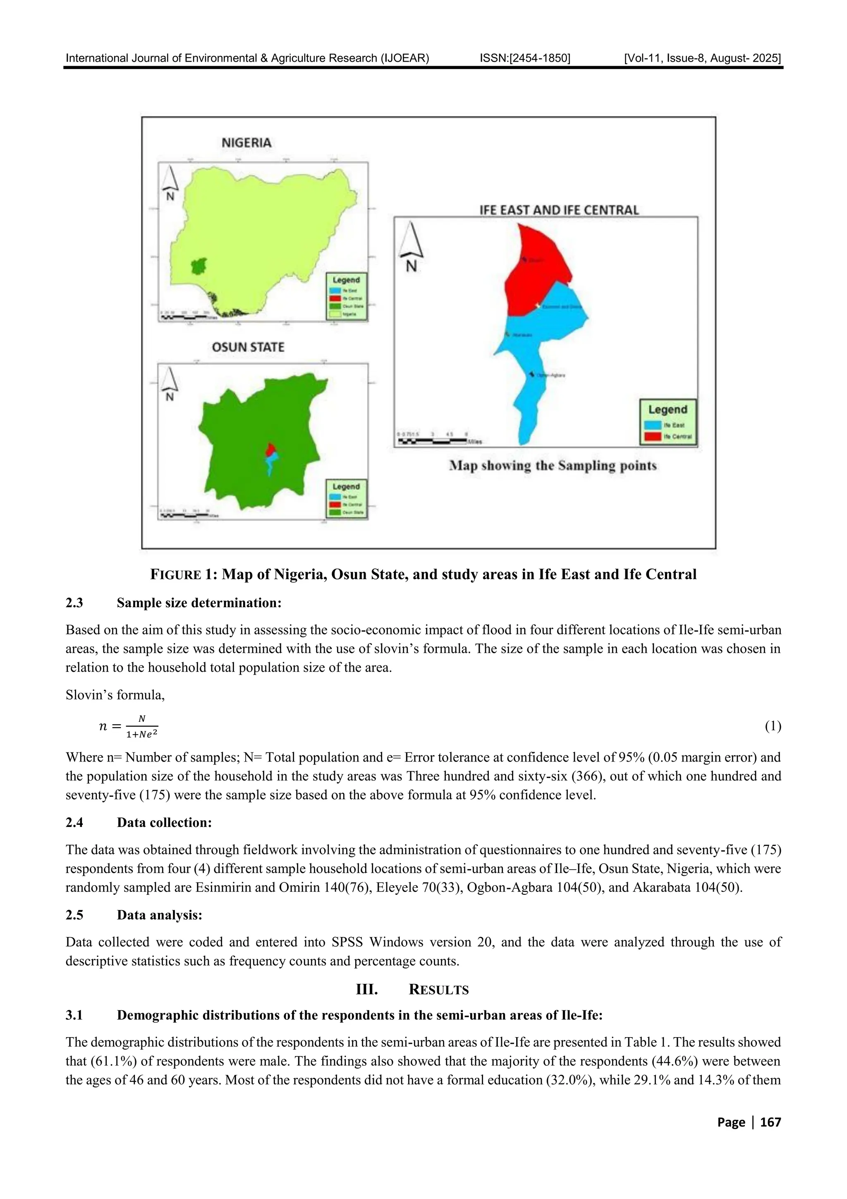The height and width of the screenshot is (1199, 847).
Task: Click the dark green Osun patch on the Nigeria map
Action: pyautogui.click(x=198, y=266)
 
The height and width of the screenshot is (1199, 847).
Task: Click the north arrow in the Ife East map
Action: pyautogui.click(x=411, y=245)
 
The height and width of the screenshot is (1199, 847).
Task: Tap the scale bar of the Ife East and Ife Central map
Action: pyautogui.click(x=433, y=441)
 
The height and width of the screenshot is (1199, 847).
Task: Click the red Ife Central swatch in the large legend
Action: pyautogui.click(x=653, y=436)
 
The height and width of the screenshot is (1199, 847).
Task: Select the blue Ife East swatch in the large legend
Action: pyautogui.click(x=653, y=425)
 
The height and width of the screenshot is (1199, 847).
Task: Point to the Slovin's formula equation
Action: pyautogui.click(x=128, y=726)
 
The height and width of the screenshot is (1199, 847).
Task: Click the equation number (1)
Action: pyautogui.click(x=773, y=726)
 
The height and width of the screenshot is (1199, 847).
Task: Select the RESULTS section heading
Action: pyautogui.click(x=438, y=990)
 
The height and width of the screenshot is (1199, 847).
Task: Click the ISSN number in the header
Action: pyautogui.click(x=524, y=58)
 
